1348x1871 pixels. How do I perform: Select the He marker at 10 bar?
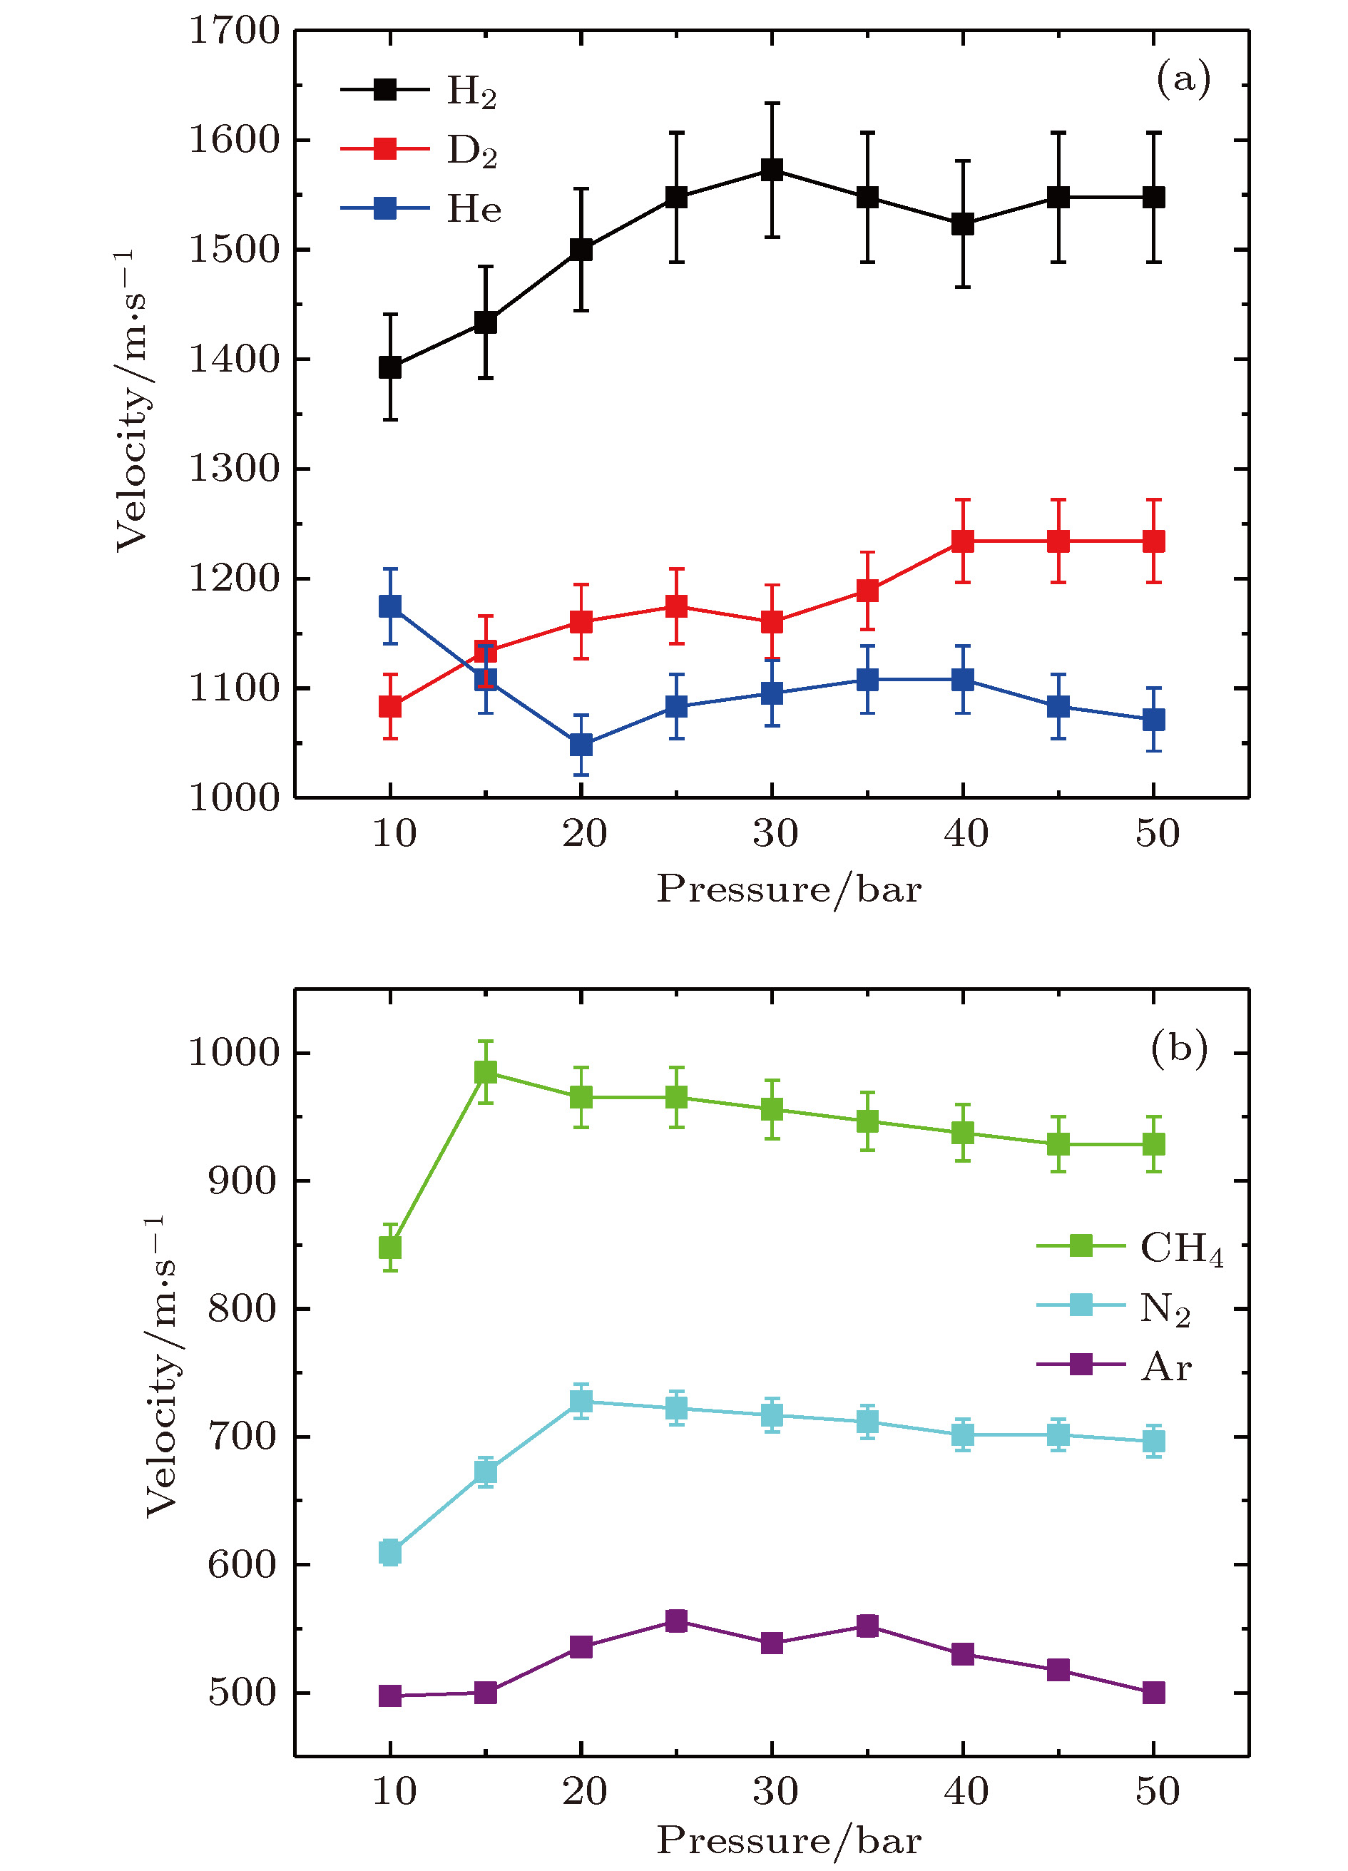tap(390, 606)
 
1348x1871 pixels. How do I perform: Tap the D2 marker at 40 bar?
tap(963, 541)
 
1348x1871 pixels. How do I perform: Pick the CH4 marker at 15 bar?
tap(486, 1072)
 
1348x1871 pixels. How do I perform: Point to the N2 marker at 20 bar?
tap(581, 1402)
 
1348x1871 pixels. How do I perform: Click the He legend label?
tap(474, 209)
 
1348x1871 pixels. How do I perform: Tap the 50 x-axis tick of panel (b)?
tap(1158, 1791)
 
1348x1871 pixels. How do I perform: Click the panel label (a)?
tap(1183, 78)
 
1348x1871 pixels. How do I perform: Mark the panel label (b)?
tap(1179, 1047)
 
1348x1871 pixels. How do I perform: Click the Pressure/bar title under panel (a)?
tap(789, 889)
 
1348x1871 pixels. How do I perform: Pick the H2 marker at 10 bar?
tap(390, 367)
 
